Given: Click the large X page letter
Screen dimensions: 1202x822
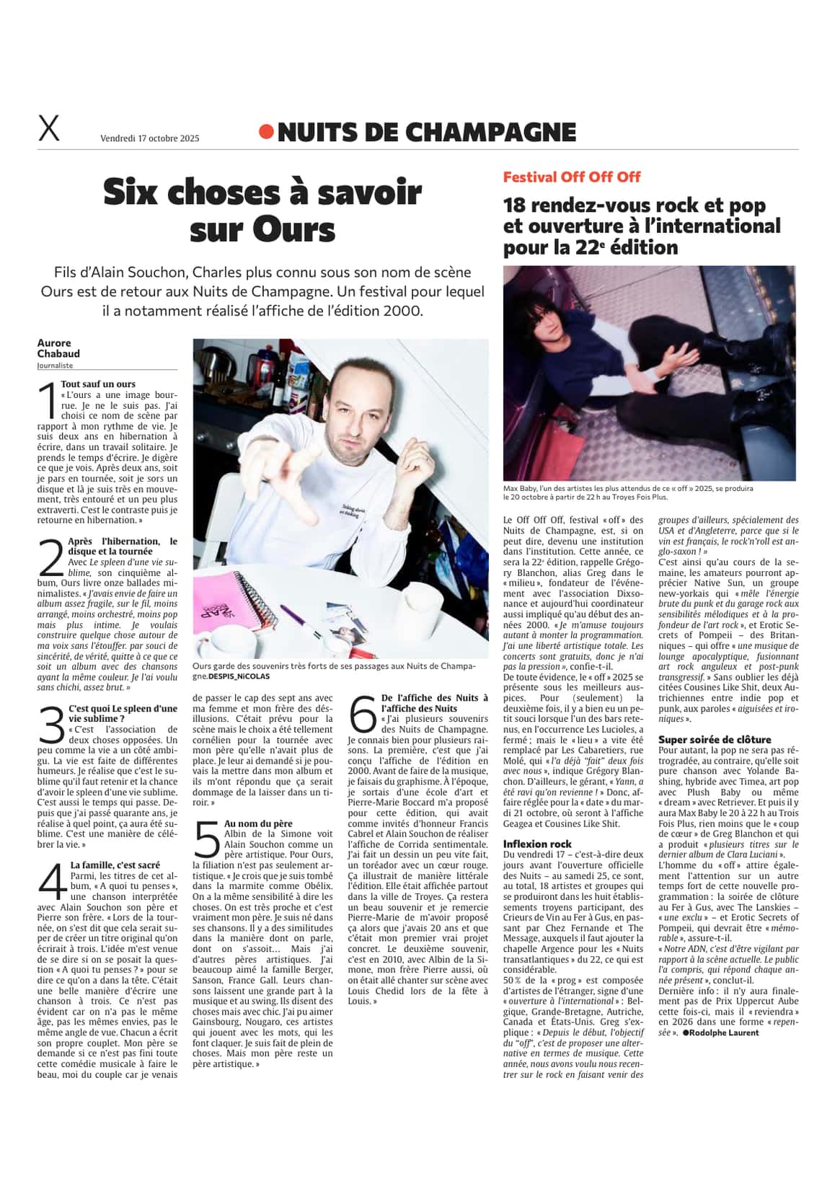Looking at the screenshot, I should [x=48, y=129].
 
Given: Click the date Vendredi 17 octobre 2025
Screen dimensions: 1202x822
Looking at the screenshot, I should [x=149, y=138].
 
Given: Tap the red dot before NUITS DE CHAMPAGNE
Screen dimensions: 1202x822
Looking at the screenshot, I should [x=266, y=131].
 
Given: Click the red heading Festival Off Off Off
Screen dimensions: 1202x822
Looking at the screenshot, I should [x=571, y=177].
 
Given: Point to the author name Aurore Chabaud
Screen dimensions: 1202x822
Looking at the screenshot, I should [x=58, y=348].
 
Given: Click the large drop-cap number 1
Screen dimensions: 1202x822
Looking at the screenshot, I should [x=48, y=401].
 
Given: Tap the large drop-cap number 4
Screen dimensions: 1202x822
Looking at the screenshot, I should [x=51, y=883].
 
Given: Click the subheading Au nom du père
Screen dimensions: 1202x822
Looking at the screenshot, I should [x=258, y=823].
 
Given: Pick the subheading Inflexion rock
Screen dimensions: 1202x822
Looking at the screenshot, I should [x=537, y=844].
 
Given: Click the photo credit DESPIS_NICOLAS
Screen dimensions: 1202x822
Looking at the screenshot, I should [x=240, y=677].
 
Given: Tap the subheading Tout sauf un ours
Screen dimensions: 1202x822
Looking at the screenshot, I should [x=98, y=384].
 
